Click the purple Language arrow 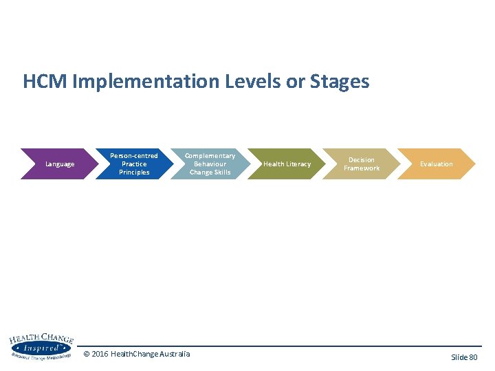tap(59, 164)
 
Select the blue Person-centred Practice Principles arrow tap(134, 164)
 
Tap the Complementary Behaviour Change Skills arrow tap(210, 164)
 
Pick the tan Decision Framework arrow tap(362, 164)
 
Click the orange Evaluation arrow tap(437, 164)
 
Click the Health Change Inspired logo tap(40, 347)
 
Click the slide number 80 tap(473, 357)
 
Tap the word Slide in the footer tap(459, 357)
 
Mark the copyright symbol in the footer tap(87, 354)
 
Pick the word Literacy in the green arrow tap(299, 164)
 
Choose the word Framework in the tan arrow tap(362, 168)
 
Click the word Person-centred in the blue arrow tap(134, 156)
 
